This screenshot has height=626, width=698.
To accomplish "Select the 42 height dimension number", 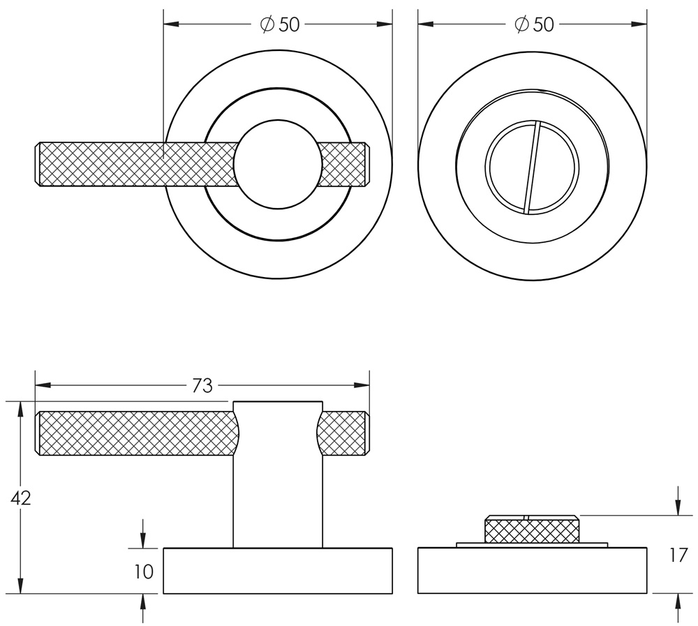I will [x=21, y=498].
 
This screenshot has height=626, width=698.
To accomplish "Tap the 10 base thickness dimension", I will [x=143, y=572].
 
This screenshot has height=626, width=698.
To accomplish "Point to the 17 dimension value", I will [x=678, y=556].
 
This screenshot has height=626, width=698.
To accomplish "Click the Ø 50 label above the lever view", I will [x=279, y=24].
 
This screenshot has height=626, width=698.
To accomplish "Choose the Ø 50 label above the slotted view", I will [x=533, y=24].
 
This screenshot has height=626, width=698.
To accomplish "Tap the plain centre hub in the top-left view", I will [x=278, y=165].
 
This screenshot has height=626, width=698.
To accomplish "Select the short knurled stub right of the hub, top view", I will [x=344, y=165].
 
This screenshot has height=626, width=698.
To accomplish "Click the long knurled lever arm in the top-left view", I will [x=133, y=165].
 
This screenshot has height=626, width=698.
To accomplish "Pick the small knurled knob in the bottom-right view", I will [x=532, y=530].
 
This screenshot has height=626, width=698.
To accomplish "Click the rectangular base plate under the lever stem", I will [x=278, y=571].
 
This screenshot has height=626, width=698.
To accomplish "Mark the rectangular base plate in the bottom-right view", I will [x=532, y=571].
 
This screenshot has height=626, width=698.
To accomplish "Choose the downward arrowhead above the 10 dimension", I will [x=143, y=540].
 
